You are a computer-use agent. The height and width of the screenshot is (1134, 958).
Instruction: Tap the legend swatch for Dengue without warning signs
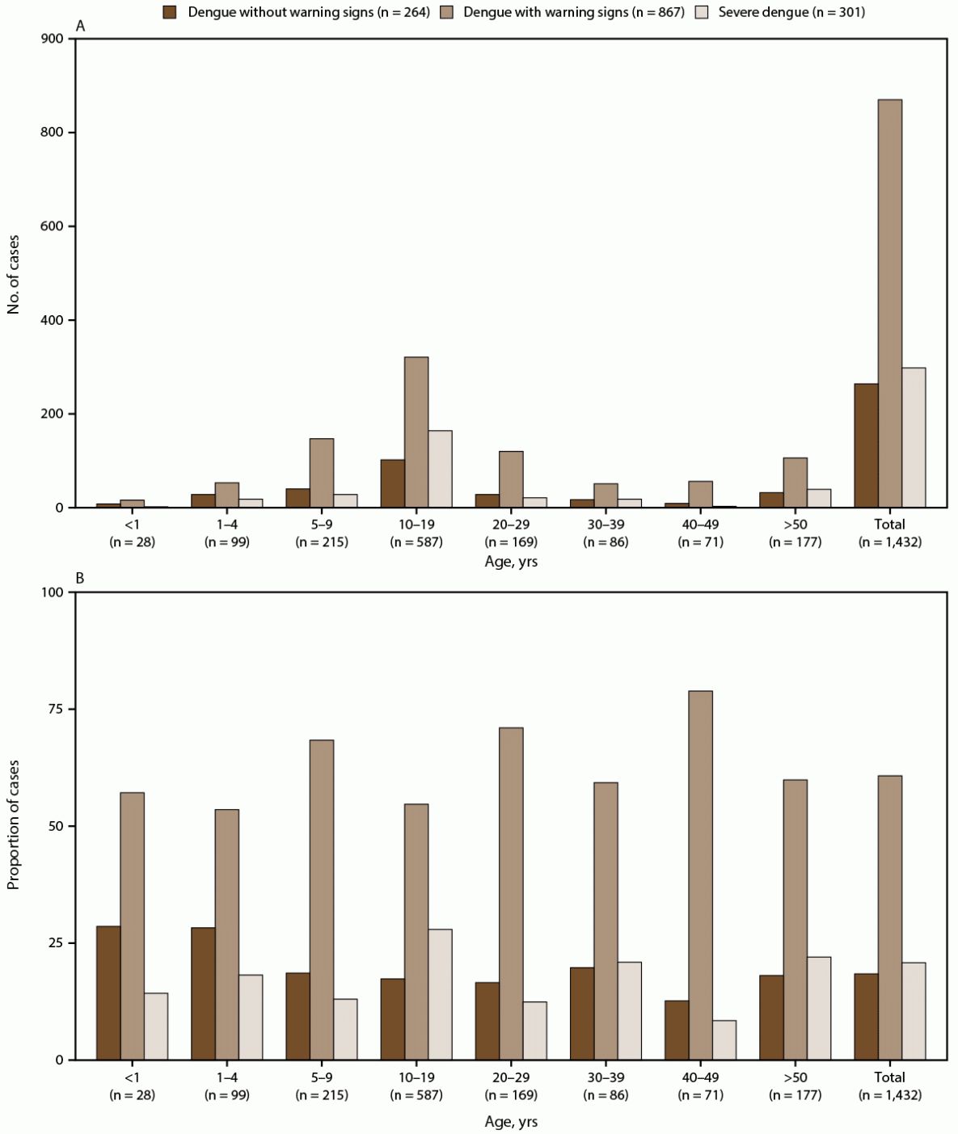tap(170, 12)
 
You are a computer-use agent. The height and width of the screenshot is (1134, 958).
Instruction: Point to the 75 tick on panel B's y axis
tap(57, 709)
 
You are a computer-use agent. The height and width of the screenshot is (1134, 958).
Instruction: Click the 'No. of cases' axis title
tap(14, 274)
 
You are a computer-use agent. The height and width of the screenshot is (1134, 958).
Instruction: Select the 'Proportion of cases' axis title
tap(14, 824)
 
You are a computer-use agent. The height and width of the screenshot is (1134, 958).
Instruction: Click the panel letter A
tap(80, 26)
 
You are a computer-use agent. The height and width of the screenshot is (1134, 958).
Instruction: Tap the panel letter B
tap(80, 578)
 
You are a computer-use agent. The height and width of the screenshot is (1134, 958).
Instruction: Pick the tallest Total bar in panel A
tap(890, 303)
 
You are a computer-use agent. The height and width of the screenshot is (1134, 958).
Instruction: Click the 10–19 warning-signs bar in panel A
tap(416, 432)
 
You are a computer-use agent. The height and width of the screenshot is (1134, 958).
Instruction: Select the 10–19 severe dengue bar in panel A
tap(440, 469)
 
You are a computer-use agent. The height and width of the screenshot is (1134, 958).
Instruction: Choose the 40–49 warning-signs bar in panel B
tap(700, 875)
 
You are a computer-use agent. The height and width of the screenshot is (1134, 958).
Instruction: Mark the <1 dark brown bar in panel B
tap(108, 993)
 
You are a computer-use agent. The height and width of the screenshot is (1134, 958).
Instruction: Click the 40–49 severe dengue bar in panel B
tap(724, 1039)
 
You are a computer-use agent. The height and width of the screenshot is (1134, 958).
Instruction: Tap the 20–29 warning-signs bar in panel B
tap(511, 893)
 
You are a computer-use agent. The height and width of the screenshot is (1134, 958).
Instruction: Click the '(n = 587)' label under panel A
tap(416, 542)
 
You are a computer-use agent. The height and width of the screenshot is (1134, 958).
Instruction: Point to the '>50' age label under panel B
tap(795, 1077)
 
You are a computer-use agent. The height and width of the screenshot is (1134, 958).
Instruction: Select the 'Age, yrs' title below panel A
tap(511, 562)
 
